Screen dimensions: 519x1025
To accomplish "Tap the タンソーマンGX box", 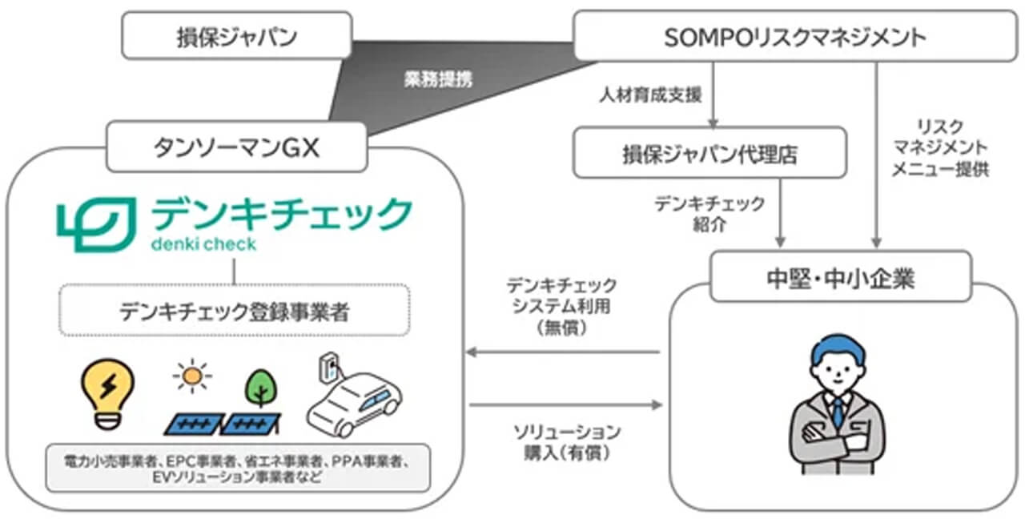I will pos(236,146).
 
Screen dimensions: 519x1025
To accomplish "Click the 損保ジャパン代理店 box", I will pos(709,152).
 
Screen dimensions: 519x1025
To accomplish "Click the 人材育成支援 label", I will pos(650,95).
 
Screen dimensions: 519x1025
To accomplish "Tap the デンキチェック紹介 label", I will pos(709,213).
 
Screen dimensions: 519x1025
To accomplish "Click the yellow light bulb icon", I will pos(109,393).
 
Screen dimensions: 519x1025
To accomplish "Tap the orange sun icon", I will pos(192,377).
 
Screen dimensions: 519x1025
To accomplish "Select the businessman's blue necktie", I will pos(837,412).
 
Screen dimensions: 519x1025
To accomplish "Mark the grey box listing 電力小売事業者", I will pos(238,468).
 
